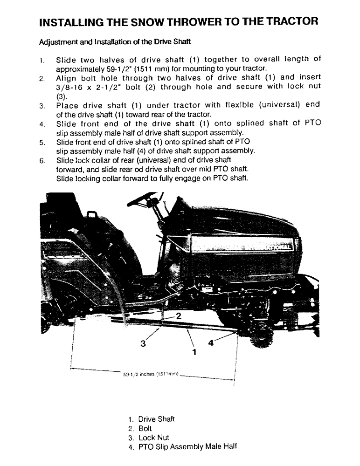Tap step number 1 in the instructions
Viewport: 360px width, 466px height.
(x=42, y=60)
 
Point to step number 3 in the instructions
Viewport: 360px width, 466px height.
(x=42, y=105)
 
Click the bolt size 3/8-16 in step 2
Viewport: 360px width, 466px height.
(x=71, y=88)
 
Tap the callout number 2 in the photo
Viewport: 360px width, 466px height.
(x=178, y=315)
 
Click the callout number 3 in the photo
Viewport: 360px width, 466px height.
(x=143, y=344)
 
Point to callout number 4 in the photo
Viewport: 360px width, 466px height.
(x=211, y=343)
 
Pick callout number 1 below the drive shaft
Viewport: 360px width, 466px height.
(x=194, y=352)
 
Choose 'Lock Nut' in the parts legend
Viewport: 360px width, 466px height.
(x=153, y=438)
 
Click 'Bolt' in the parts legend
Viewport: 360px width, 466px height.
(x=145, y=428)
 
